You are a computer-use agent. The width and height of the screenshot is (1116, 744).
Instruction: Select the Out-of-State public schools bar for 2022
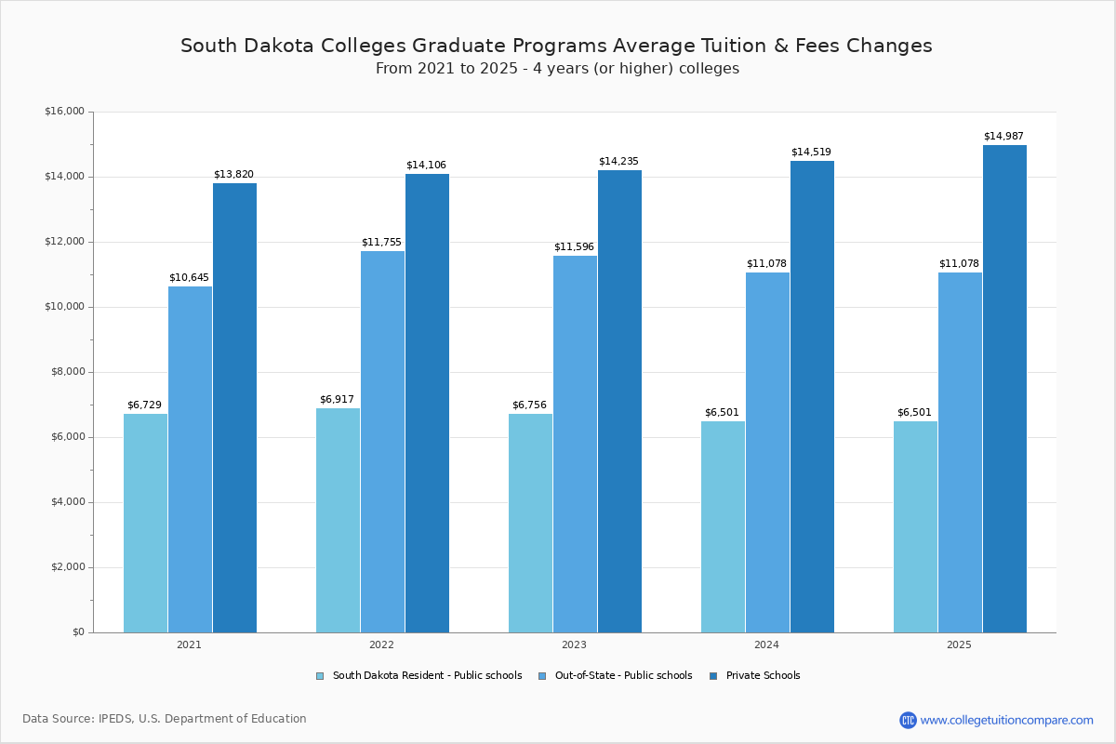[x=382, y=442]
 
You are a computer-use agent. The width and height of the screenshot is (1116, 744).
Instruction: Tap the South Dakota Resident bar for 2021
[x=145, y=523]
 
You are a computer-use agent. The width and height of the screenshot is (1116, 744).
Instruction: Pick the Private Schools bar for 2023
[x=619, y=401]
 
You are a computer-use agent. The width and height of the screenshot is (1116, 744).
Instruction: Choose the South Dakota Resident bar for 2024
[x=723, y=526]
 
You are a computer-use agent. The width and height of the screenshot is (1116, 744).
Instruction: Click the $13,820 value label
[x=233, y=175]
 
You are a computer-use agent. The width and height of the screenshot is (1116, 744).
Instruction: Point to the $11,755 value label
[x=381, y=243]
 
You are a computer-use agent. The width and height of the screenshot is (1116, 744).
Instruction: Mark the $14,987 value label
[x=1003, y=137]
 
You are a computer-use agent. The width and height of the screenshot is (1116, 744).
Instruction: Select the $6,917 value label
[x=337, y=400]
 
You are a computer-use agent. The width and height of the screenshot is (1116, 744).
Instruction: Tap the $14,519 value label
[x=811, y=153]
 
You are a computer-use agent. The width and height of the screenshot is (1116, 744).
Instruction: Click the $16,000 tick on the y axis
[x=64, y=112]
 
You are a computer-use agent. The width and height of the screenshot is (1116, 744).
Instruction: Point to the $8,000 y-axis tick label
[x=67, y=372]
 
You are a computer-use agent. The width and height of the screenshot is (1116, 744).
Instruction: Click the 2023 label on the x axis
[x=574, y=644]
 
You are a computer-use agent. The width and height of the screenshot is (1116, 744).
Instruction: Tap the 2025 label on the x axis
[x=959, y=644]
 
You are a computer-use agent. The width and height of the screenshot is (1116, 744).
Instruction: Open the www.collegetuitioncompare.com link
[x=1006, y=720]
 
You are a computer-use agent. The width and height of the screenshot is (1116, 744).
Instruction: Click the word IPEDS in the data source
[x=116, y=719]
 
